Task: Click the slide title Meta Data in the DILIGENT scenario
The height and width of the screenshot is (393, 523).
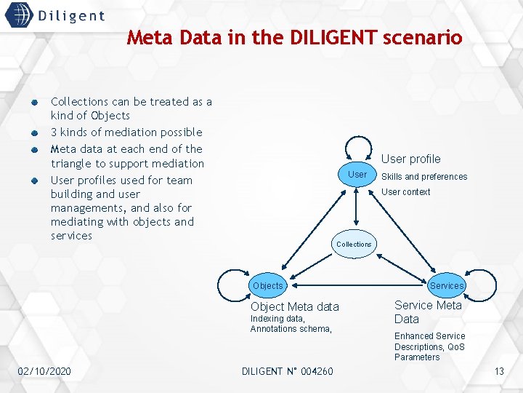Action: tap(294, 37)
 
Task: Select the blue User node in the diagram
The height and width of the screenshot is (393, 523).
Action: tap(357, 175)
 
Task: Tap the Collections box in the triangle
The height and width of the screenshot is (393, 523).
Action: tap(354, 245)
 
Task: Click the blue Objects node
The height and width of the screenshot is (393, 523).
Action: tap(267, 286)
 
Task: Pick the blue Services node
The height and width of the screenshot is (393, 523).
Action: tap(447, 286)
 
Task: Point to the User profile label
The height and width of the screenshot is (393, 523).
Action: tap(410, 159)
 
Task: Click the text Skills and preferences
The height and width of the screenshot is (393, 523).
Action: tap(424, 177)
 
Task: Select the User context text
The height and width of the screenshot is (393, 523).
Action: tap(405, 192)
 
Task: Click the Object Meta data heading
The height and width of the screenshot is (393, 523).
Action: tap(294, 307)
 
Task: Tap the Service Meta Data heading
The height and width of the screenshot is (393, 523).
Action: tap(428, 312)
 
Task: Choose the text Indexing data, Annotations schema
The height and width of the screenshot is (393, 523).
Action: tap(291, 324)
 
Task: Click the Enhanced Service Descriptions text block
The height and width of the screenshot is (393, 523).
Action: tap(429, 346)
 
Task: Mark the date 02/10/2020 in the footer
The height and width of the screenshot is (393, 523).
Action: tap(44, 372)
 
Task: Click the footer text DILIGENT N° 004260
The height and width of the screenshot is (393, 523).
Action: tap(287, 372)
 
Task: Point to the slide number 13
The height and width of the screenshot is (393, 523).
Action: tap(499, 372)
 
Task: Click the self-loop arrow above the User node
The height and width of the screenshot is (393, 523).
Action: tap(357, 145)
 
